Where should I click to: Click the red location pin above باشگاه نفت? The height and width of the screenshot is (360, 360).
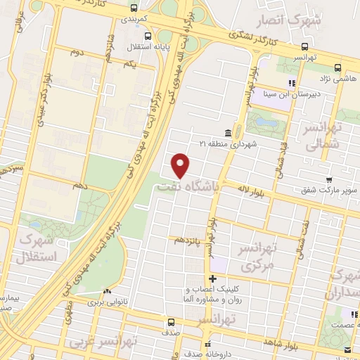click(x=181, y=165)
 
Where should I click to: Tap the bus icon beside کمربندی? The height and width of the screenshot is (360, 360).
click(x=134, y=9)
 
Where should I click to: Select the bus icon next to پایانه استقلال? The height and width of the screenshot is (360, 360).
click(x=146, y=35)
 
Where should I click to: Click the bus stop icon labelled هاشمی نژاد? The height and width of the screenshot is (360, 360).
click(x=338, y=68)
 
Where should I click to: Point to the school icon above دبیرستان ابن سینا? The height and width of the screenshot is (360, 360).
click(x=292, y=83)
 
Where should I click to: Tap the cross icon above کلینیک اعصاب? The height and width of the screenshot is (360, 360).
click(x=212, y=279)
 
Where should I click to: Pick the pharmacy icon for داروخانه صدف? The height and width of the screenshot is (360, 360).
click(x=207, y=345)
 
